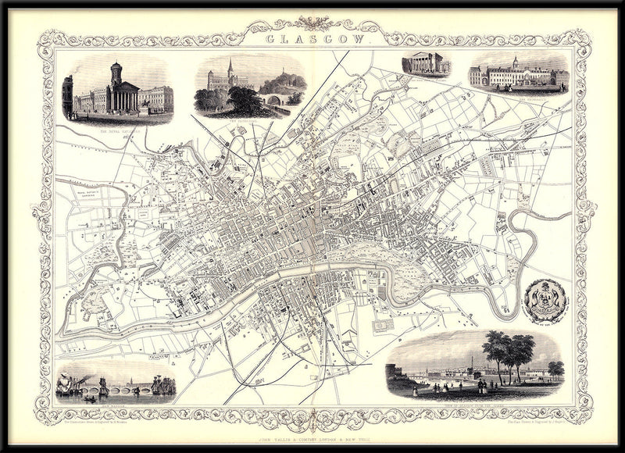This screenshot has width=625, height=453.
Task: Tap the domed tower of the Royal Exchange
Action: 116,74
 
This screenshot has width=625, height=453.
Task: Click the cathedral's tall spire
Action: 230,69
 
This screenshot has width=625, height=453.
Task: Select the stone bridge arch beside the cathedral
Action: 274,99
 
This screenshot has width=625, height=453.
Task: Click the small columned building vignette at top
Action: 426,64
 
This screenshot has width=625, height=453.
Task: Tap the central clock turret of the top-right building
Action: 515,62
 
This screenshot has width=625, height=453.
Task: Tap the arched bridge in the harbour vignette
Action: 117,388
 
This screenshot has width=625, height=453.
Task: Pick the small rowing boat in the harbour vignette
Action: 91,399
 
